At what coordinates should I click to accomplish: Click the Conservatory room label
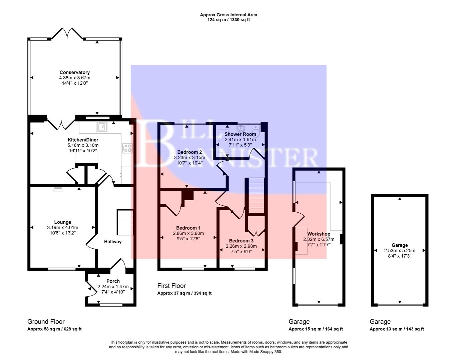tap(75, 72)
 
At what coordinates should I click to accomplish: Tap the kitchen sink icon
tap(102, 126)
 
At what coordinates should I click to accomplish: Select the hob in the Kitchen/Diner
tap(127, 148)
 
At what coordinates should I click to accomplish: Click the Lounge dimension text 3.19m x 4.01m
tap(63, 228)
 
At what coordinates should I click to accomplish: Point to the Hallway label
tap(113, 242)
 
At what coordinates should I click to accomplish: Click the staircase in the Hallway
tap(125, 222)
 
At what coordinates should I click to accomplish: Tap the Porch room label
tap(113, 281)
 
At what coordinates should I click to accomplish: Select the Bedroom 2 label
tap(189, 152)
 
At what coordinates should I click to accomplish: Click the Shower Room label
tap(240, 134)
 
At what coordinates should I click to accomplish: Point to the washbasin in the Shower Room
tap(241, 128)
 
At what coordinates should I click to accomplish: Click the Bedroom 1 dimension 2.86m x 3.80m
tap(188, 233)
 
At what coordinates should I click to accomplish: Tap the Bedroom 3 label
tap(241, 241)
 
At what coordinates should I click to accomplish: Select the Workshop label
tap(319, 234)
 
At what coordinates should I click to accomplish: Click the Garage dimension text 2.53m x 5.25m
tap(400, 251)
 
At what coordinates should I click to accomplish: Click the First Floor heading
tap(171, 286)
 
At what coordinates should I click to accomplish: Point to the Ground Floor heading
tap(46, 322)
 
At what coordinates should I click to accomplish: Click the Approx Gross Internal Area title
tap(229, 15)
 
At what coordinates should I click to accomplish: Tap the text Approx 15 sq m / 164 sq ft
tap(316, 329)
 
